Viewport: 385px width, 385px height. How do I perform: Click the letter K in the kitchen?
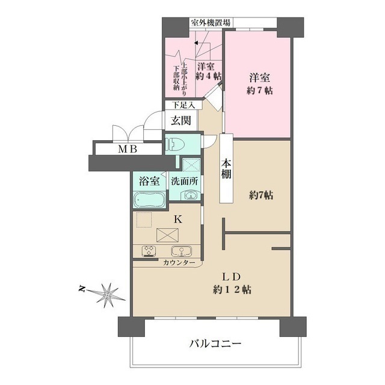(x=177, y=219)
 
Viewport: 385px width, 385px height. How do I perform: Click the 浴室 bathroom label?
(x=150, y=180)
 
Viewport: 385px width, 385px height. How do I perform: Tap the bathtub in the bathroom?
(x=149, y=199)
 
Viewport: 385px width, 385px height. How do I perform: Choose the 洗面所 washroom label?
(x=184, y=180)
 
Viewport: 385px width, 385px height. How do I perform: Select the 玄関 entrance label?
(x=180, y=120)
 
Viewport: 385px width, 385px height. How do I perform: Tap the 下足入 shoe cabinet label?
(x=183, y=105)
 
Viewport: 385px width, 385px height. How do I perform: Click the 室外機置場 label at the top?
(x=211, y=23)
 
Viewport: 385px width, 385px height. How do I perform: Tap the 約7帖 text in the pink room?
(x=260, y=91)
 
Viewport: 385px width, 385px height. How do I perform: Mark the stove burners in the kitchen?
(x=149, y=251)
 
